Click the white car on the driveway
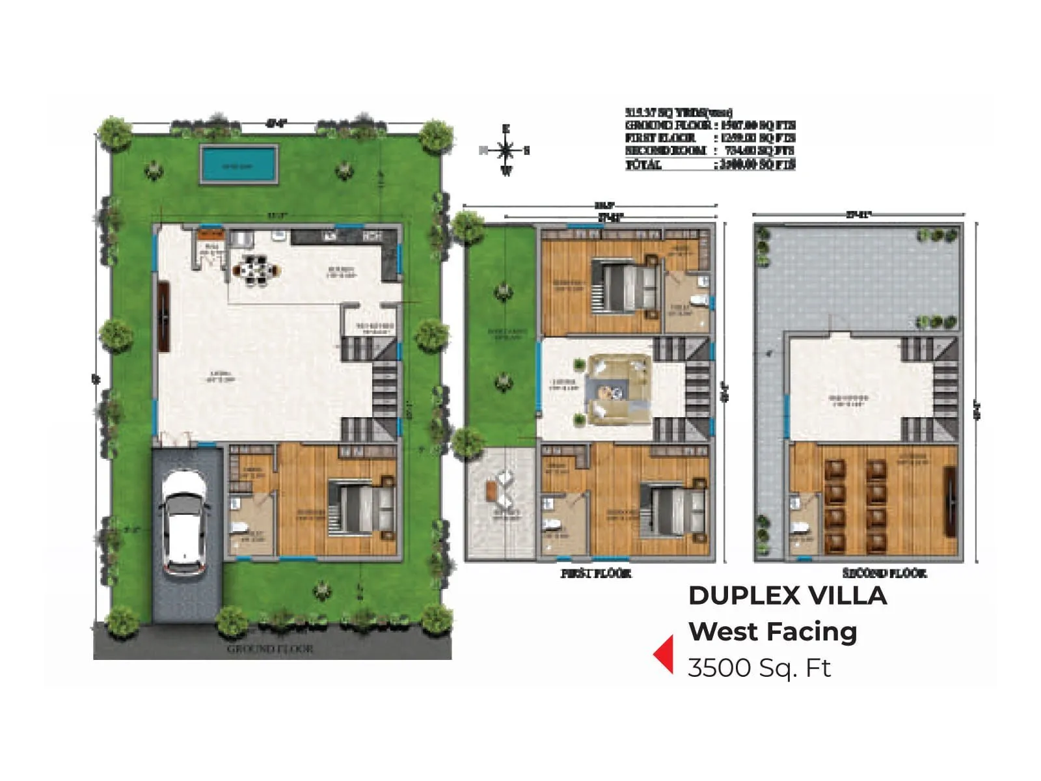tap(185, 524)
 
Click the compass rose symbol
tap(506, 151)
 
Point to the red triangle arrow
tap(664, 653)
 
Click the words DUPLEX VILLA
tap(787, 596)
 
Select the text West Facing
tap(773, 631)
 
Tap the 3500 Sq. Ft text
tap(759, 668)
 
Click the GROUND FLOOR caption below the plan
tap(270, 649)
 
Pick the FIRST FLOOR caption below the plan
tap(596, 573)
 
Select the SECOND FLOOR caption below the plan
tap(884, 573)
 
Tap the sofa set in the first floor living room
tap(618, 390)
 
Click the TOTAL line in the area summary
tap(710, 165)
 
